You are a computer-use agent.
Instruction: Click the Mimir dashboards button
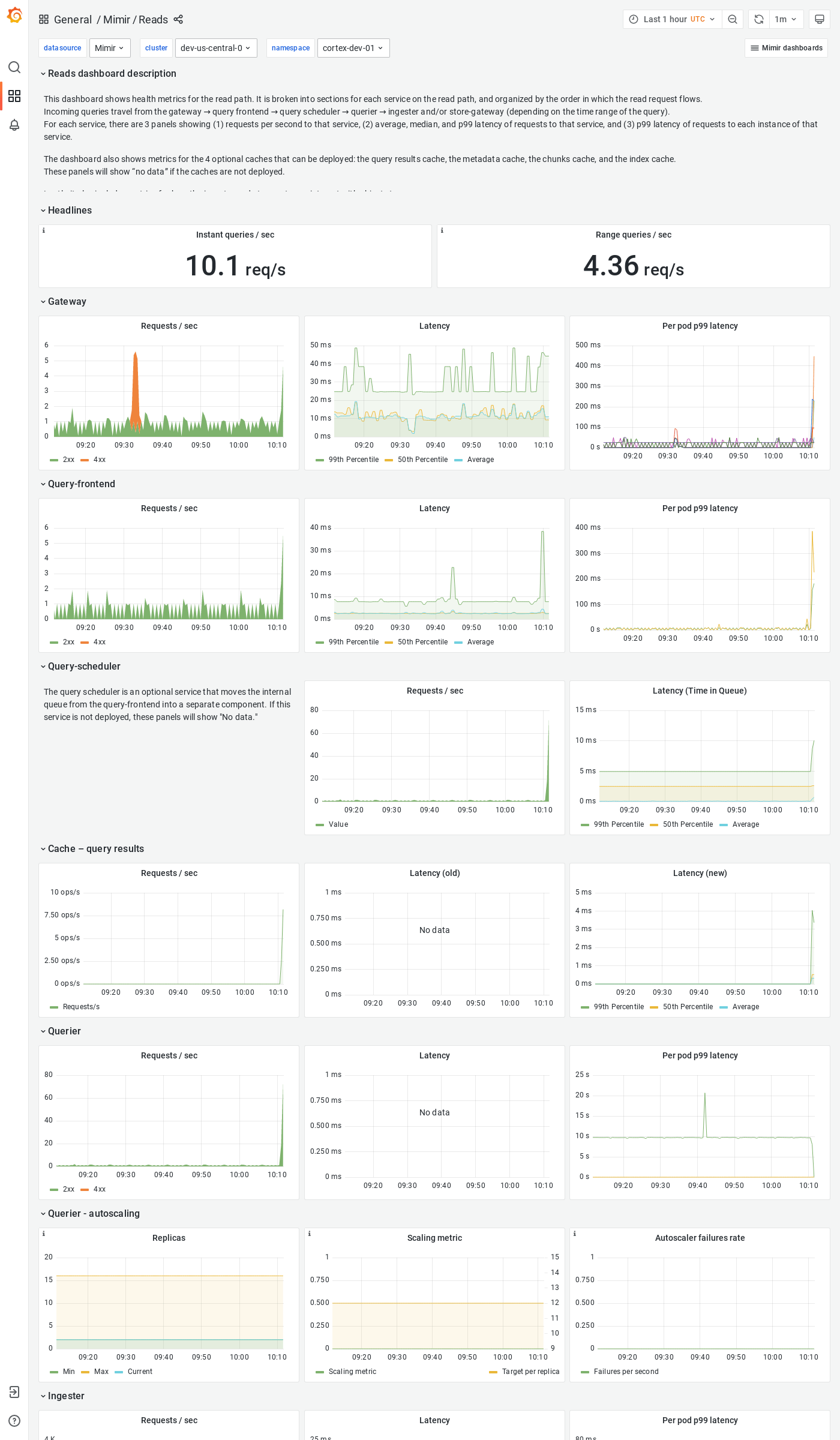786,48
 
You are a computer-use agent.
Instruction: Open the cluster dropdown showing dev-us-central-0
215,48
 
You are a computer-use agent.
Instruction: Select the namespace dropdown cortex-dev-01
353,48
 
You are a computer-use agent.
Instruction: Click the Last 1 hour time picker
672,19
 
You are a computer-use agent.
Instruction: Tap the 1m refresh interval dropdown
785,19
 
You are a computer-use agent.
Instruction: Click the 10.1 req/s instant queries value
235,266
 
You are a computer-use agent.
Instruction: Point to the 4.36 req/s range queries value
633,266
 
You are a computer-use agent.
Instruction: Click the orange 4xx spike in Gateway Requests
136,384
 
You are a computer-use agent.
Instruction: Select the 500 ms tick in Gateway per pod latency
587,345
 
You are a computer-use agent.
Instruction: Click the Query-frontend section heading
81,484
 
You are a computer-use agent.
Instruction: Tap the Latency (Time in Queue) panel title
700,691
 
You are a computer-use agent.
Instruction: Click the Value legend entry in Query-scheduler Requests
338,824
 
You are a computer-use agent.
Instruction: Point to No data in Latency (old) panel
434,930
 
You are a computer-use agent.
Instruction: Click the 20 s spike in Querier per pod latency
704,1096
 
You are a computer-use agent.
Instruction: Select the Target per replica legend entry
530,1372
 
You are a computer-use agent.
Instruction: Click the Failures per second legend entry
626,1372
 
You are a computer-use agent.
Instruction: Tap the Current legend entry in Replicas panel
140,1372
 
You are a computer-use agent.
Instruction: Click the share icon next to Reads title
178,19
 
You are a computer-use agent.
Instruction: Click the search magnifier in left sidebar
14,67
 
